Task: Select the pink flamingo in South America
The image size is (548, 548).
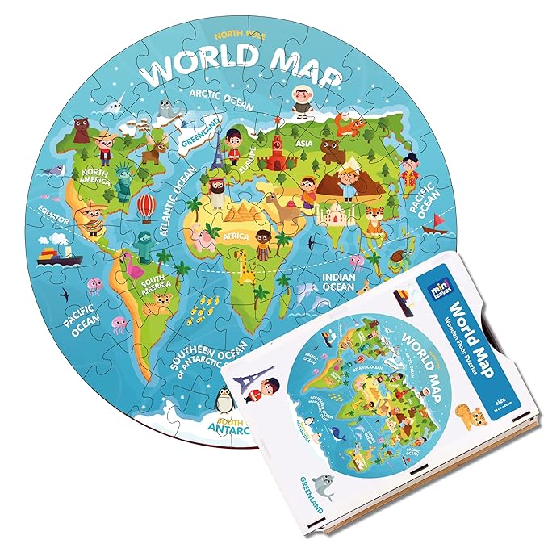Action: tap(128, 267)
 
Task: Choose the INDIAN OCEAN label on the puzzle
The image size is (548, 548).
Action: tap(339, 280)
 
